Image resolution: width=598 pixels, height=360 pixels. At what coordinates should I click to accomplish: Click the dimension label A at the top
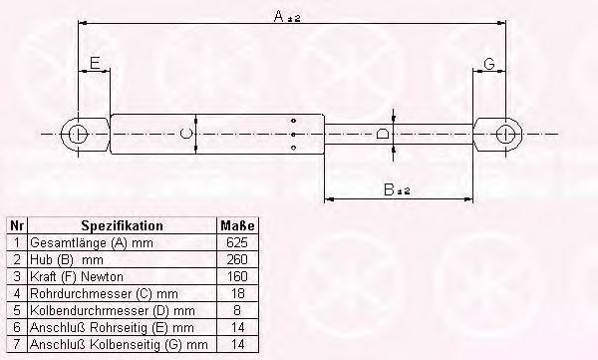point(279,16)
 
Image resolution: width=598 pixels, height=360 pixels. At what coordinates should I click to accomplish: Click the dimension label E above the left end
point(95,63)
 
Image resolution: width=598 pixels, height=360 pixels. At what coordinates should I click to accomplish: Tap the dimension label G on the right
point(489,64)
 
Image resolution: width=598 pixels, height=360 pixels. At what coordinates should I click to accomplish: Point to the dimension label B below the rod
point(389,189)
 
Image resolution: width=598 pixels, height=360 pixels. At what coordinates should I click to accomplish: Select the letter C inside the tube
point(185,134)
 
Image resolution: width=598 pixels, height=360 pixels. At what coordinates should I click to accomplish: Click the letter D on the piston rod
point(382,134)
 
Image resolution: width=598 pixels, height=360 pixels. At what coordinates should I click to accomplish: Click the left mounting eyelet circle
point(78,135)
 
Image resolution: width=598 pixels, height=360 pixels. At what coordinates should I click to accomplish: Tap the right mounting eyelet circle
point(505,135)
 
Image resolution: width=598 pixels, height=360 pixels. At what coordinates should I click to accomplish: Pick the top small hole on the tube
point(293,121)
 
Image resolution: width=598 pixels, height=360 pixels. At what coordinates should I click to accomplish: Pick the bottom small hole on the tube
point(293,148)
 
